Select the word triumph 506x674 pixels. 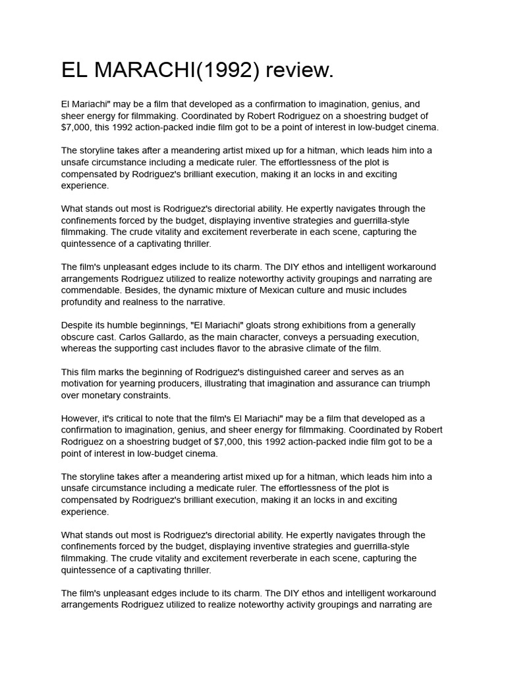(413, 384)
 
